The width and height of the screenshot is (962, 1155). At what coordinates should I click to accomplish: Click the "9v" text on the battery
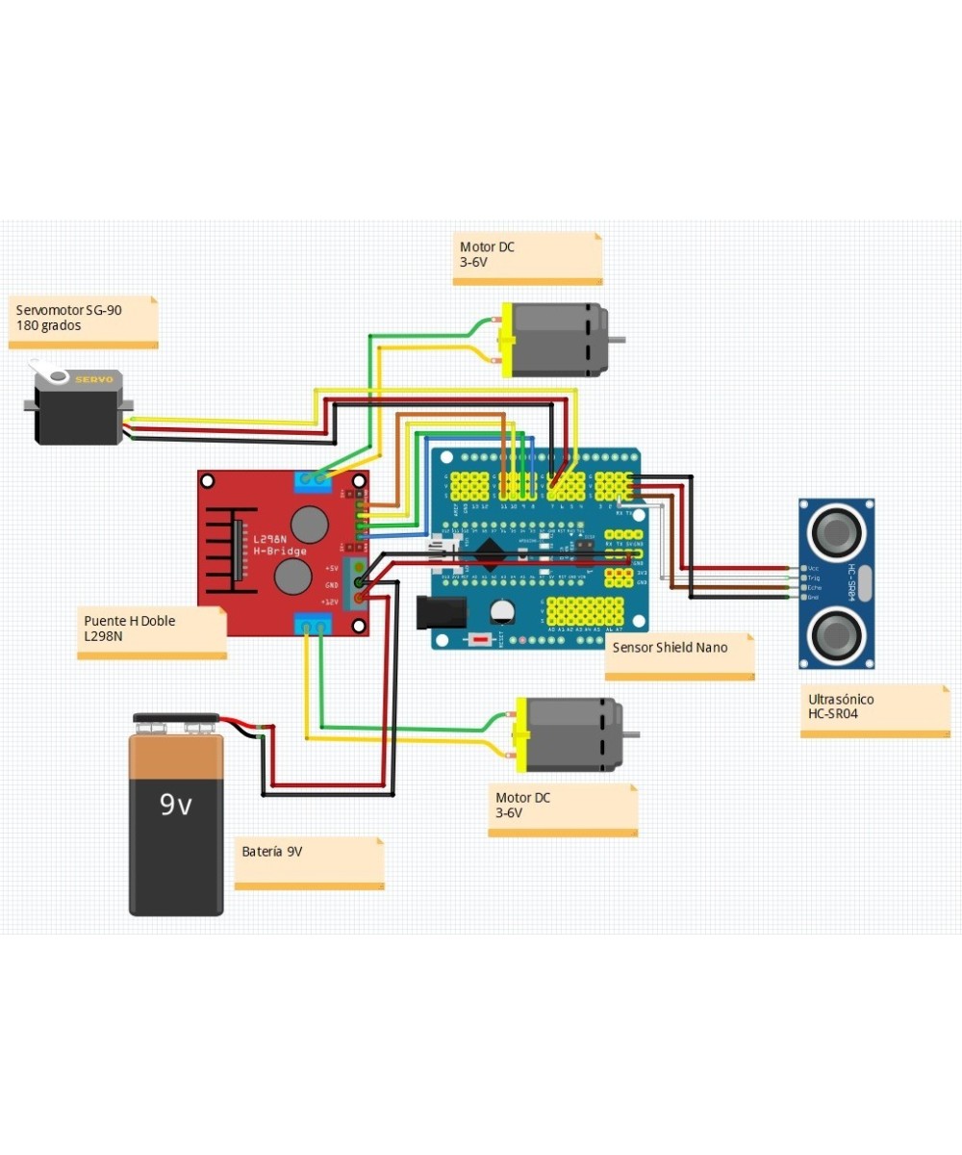point(176,804)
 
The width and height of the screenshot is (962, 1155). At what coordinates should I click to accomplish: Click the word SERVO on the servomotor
point(93,379)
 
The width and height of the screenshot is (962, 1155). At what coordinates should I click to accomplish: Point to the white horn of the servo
point(43,369)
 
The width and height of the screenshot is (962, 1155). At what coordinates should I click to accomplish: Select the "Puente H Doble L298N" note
point(154,630)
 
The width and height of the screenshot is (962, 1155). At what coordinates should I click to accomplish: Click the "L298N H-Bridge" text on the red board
point(280,545)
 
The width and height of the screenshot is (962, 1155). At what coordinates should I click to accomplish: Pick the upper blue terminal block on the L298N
point(314,479)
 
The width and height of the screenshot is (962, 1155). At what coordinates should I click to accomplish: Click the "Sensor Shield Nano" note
point(678,654)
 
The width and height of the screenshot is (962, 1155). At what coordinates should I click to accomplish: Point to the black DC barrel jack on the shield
point(440,612)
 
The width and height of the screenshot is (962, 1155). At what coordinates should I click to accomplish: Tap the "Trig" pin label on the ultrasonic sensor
point(814,577)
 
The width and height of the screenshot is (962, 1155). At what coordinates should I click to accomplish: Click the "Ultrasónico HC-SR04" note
point(873,708)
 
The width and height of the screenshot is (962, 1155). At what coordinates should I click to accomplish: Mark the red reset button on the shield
point(478,639)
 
